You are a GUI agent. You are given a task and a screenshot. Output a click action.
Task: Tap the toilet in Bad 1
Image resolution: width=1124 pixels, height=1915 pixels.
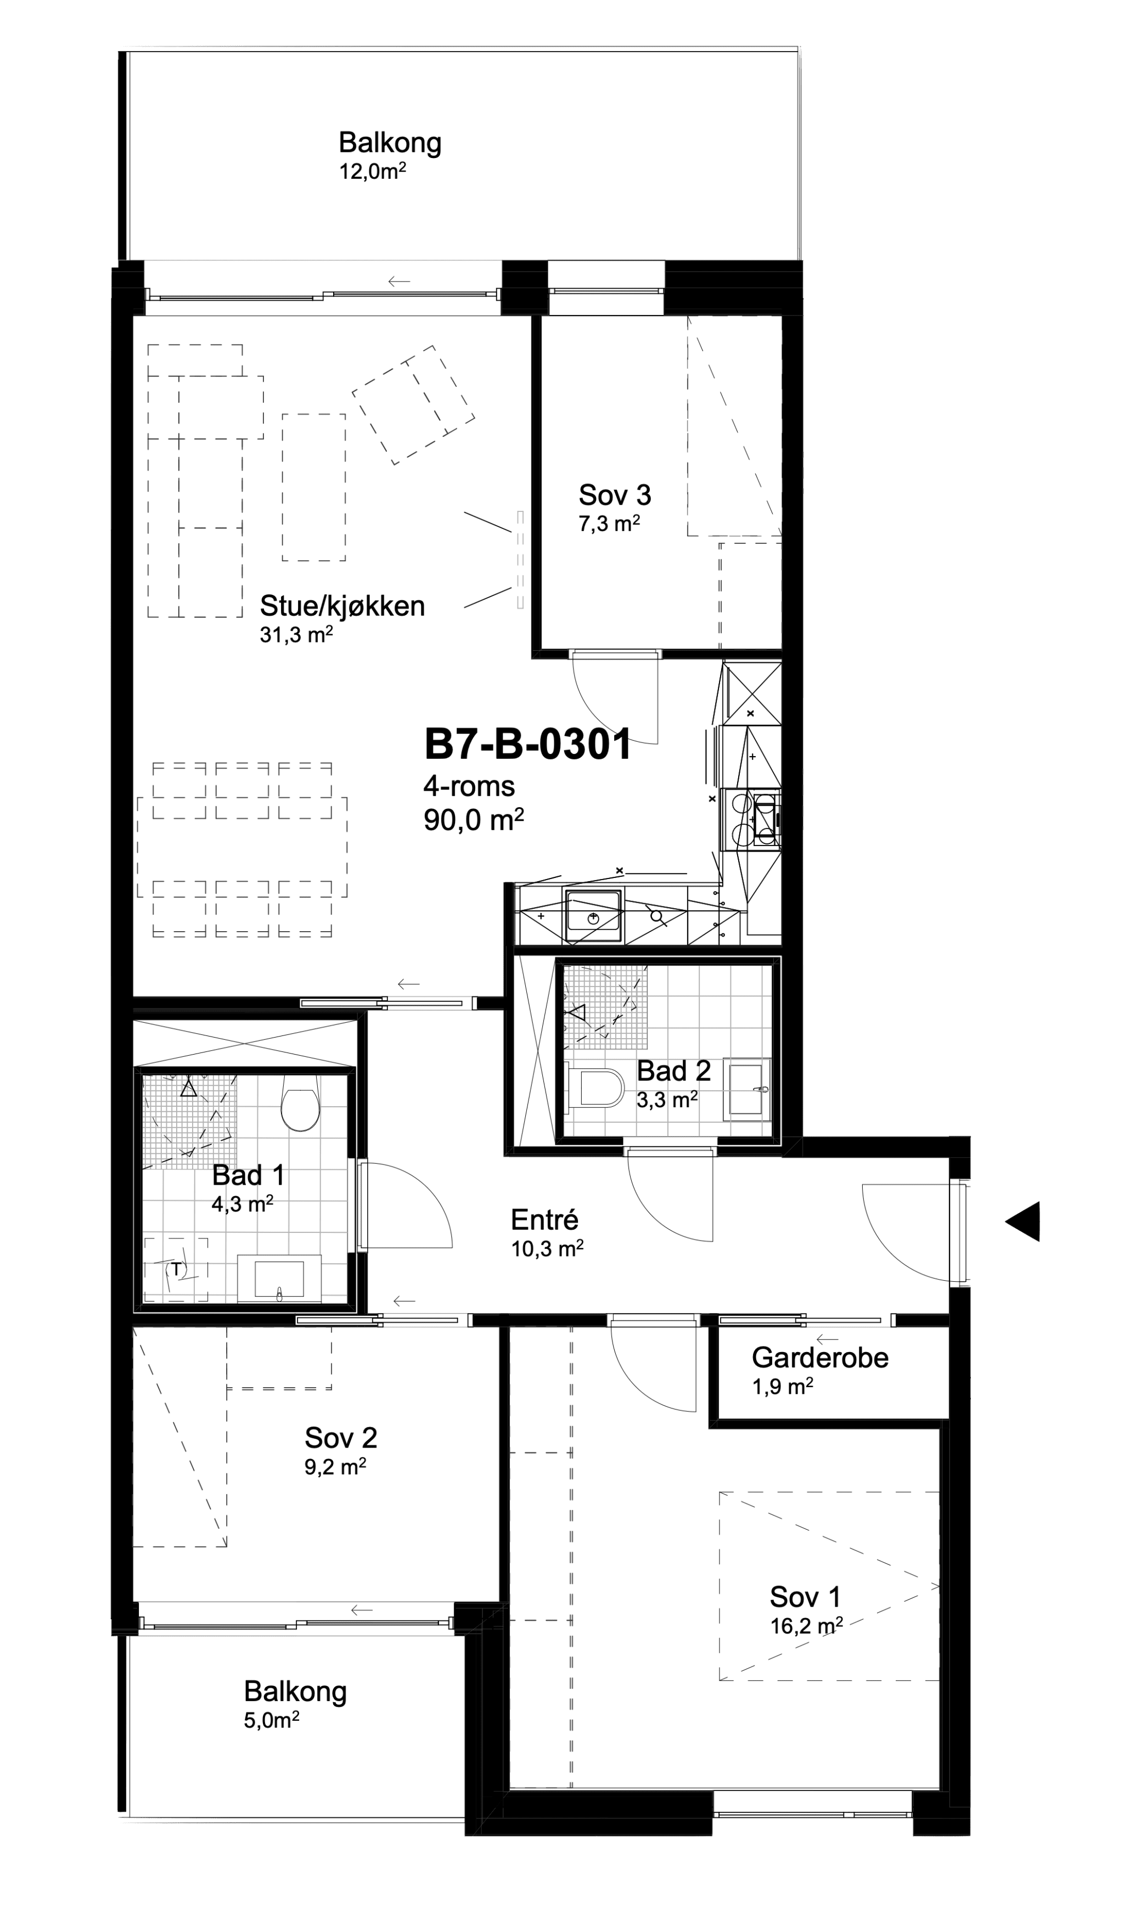[x=300, y=1103]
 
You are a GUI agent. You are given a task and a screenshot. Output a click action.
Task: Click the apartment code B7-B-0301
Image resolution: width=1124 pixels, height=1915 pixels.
[x=528, y=744]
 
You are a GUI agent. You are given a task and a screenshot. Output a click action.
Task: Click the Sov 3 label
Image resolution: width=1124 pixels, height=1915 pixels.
[x=615, y=495]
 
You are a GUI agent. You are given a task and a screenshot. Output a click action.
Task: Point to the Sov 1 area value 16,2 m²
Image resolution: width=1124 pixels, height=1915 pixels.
[x=806, y=1625]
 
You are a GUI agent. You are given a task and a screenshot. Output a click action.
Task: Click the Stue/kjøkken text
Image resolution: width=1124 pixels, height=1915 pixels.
[x=342, y=606]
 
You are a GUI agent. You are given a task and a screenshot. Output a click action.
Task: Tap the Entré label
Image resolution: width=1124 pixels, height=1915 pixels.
[x=545, y=1220]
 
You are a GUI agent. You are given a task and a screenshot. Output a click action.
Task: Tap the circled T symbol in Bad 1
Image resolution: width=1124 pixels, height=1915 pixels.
[x=176, y=1269]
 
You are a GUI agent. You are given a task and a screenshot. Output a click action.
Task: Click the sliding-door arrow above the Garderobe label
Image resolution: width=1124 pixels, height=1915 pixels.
[x=827, y=1338]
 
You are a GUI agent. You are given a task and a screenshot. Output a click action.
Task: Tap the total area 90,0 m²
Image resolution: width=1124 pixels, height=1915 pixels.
[x=474, y=820]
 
